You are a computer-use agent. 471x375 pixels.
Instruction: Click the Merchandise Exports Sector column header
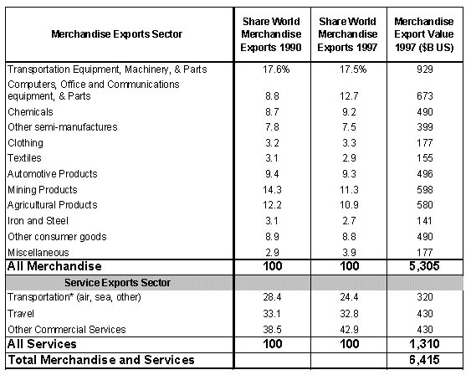(116, 34)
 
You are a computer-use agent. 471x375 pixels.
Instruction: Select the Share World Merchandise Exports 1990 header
(271, 34)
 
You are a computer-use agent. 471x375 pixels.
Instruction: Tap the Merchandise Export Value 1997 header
(424, 34)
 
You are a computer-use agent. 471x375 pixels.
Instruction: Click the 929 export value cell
(425, 69)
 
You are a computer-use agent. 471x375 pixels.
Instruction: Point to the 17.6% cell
(276, 69)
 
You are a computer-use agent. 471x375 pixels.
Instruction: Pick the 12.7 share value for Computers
(349, 96)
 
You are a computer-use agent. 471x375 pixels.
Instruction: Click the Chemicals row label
(30, 112)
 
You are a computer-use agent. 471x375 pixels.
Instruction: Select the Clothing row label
(26, 143)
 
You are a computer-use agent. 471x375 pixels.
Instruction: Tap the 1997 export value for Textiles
(425, 158)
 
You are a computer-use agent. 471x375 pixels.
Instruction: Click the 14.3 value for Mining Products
(272, 190)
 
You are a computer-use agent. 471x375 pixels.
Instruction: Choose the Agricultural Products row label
(53, 205)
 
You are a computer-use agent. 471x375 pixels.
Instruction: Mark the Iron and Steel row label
(38, 221)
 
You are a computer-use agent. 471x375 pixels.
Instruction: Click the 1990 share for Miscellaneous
(272, 253)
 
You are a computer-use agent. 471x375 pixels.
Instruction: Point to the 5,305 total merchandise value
(424, 266)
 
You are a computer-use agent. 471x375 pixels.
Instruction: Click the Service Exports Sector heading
(117, 283)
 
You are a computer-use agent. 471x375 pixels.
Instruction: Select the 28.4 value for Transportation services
(272, 297)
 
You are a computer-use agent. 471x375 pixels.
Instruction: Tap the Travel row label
(21, 314)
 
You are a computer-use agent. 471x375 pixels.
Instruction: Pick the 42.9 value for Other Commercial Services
(349, 330)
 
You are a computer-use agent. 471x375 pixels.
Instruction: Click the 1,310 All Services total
(424, 344)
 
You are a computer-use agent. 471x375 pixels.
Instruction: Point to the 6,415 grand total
(424, 360)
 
